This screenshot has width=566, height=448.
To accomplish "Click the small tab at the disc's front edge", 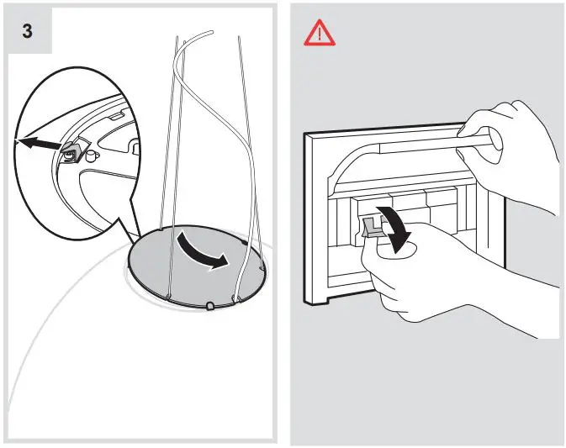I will pyautogui.click(x=206, y=303).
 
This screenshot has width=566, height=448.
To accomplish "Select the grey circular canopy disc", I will pyautogui.click(x=168, y=269).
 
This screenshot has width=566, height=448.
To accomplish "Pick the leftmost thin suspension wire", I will pyautogui.click(x=172, y=168).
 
